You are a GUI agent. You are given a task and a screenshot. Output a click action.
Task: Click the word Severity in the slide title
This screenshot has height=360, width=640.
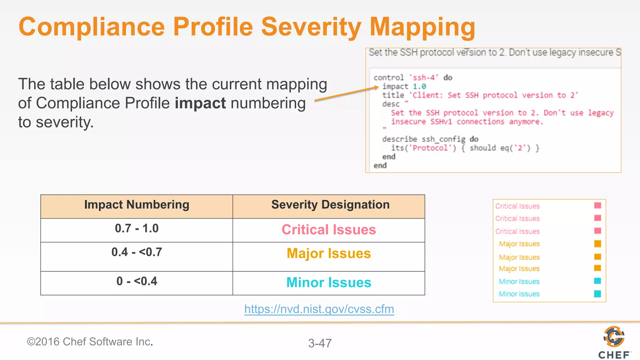click(311, 27)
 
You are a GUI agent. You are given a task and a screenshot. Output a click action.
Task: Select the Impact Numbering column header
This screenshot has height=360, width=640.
click(137, 205)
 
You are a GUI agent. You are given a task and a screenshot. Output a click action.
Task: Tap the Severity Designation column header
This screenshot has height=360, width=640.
click(330, 205)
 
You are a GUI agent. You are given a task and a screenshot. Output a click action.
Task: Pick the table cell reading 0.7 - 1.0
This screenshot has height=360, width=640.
click(137, 229)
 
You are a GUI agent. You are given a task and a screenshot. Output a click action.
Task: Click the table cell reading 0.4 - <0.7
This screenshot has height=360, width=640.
click(137, 252)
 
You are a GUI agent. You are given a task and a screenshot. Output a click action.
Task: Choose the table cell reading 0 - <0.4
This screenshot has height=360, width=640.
click(137, 282)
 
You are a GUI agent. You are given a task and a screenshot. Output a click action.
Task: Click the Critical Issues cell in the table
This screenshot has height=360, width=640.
click(328, 230)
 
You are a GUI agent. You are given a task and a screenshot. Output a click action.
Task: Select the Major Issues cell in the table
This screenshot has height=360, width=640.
click(328, 254)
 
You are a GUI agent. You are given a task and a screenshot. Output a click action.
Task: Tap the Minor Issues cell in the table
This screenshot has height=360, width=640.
click(328, 283)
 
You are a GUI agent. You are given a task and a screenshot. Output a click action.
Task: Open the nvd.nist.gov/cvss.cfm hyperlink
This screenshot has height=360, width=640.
click(319, 309)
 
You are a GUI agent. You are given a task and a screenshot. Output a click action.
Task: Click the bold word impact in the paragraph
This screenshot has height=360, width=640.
click(200, 103)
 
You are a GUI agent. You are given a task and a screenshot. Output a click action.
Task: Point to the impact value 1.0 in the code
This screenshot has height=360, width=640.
click(419, 87)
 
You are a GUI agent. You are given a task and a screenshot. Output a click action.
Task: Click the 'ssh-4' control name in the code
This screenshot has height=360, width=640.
click(424, 78)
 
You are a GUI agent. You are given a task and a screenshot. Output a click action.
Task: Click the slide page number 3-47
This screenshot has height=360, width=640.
click(320, 343)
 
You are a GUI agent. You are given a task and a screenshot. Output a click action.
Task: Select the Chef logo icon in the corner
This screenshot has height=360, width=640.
click(614, 337)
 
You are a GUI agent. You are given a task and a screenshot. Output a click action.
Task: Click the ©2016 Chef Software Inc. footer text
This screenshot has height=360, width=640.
click(90, 342)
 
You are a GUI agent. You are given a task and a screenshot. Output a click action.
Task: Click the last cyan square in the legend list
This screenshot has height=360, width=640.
click(597, 294)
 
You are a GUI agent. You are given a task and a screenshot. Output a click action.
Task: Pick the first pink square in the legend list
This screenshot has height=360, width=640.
click(597, 205)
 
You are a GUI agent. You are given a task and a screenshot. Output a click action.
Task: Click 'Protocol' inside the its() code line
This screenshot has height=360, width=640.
click(430, 148)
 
